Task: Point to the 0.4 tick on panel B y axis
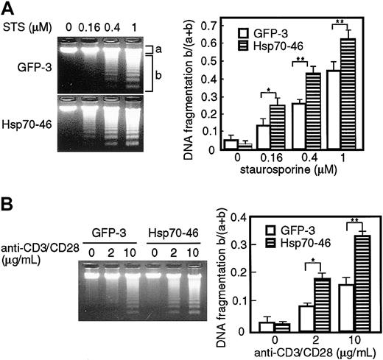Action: (238, 217)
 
